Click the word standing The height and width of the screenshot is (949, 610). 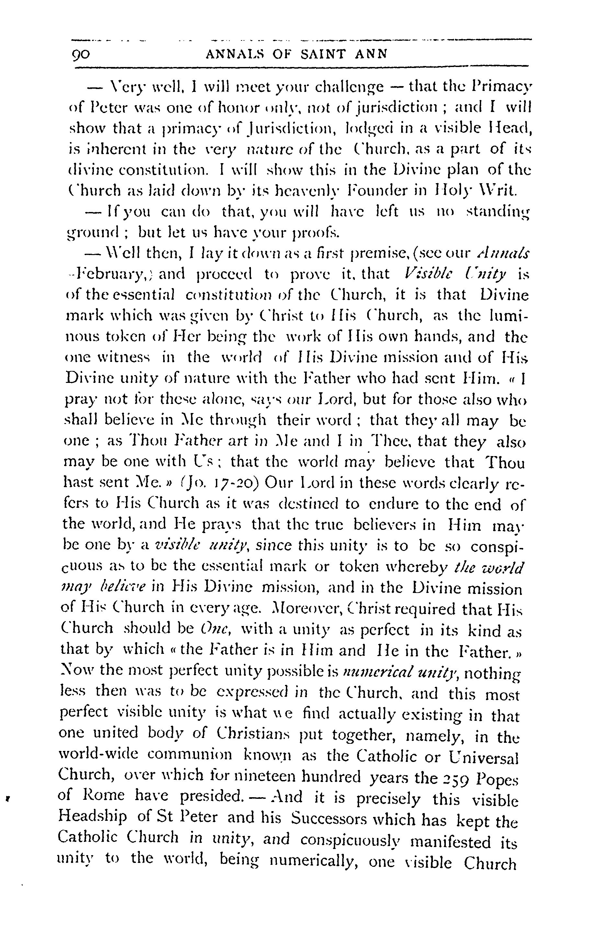coord(498,212)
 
